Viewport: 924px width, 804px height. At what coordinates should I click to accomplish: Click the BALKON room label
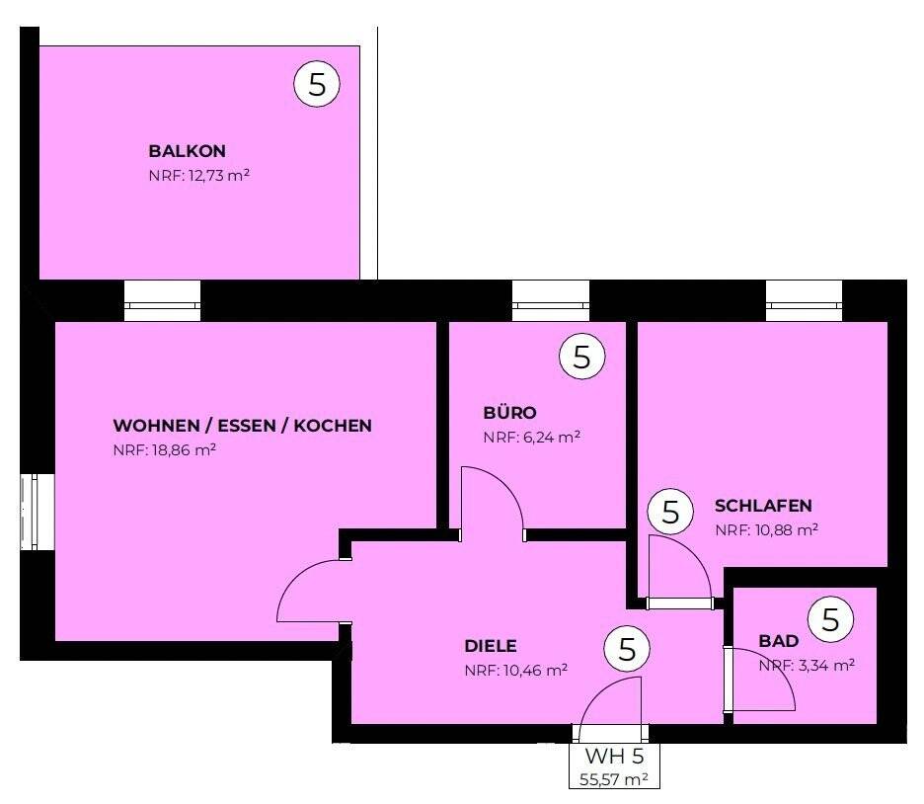pyautogui.click(x=187, y=151)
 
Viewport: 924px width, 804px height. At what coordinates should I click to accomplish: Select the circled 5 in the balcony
pyautogui.click(x=317, y=84)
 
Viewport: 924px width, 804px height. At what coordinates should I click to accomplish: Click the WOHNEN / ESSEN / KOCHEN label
pyautogui.click(x=242, y=426)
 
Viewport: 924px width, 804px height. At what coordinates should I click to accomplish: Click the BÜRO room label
pyautogui.click(x=509, y=412)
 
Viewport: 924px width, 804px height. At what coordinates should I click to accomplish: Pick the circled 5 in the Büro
pyautogui.click(x=581, y=357)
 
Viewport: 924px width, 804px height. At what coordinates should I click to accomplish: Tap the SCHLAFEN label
pyautogui.click(x=763, y=505)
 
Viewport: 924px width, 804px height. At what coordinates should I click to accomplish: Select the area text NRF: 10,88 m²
pyautogui.click(x=766, y=529)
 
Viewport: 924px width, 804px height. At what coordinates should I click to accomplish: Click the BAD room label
pyautogui.click(x=778, y=641)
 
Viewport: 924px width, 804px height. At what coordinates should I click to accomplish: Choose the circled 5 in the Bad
pyautogui.click(x=830, y=619)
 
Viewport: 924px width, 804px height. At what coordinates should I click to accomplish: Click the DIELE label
pyautogui.click(x=491, y=646)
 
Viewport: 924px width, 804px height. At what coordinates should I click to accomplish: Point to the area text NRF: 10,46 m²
pyautogui.click(x=515, y=671)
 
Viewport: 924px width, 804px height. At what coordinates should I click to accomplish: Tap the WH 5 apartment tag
pyautogui.click(x=614, y=758)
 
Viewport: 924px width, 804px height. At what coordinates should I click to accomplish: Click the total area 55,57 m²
pyautogui.click(x=614, y=779)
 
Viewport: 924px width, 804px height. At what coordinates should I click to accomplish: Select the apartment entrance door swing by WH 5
pyautogui.click(x=612, y=708)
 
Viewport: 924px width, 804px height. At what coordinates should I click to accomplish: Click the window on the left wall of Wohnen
pyautogui.click(x=32, y=513)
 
